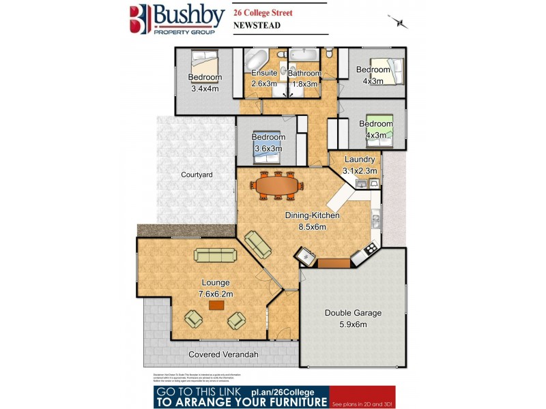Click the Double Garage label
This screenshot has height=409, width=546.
click(x=353, y=318)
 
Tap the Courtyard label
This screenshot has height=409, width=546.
click(x=197, y=175)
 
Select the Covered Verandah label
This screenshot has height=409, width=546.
click(x=222, y=354)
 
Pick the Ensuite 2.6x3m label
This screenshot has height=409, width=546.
click(x=264, y=78)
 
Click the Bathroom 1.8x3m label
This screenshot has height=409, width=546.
click(x=304, y=78)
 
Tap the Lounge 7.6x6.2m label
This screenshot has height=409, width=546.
click(x=216, y=288)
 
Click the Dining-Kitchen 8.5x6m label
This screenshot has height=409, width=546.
click(x=312, y=220)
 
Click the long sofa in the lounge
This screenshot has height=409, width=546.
click(x=216, y=255)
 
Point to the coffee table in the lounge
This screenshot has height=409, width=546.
click(x=217, y=305)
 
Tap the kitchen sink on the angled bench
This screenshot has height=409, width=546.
click(x=304, y=257)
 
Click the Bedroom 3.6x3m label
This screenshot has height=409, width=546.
click(x=268, y=142)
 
